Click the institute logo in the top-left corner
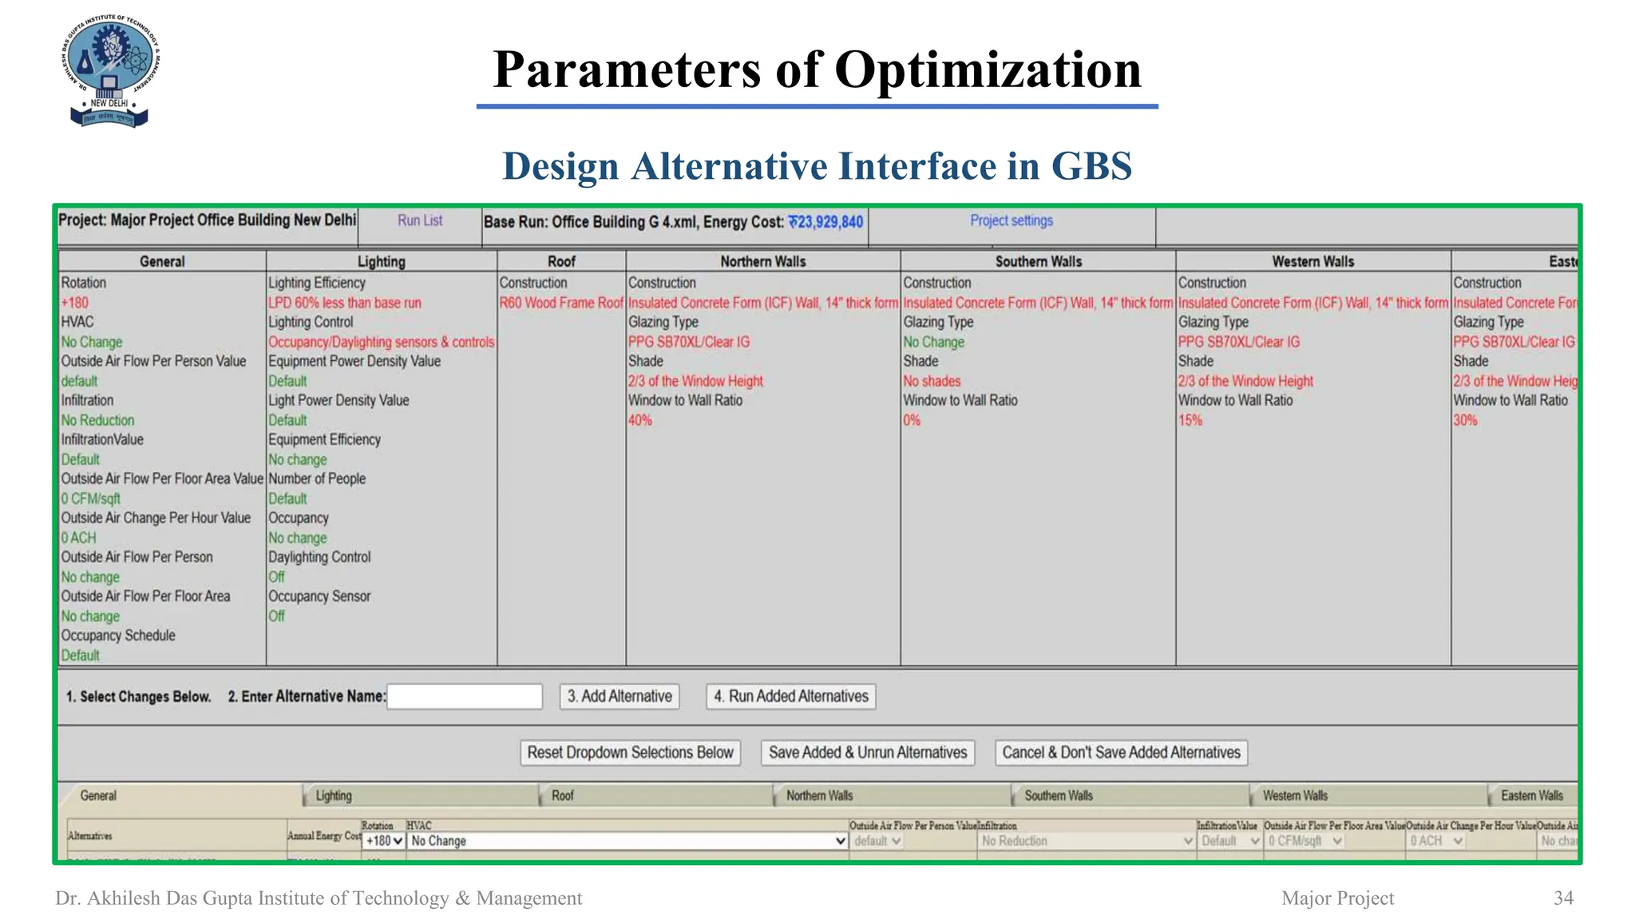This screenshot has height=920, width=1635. click(110, 70)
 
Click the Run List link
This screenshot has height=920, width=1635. click(420, 220)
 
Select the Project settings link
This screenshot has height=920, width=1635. click(1011, 220)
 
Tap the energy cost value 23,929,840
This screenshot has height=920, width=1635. click(825, 222)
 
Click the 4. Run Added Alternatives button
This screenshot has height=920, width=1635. click(790, 696)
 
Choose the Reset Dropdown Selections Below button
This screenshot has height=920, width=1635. click(630, 752)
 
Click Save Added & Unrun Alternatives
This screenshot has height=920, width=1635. click(868, 752)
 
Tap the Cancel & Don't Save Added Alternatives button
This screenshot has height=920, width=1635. click(1121, 752)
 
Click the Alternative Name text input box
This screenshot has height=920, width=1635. click(465, 696)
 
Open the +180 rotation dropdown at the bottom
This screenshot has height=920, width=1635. click(384, 841)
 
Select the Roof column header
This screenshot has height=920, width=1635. click(561, 261)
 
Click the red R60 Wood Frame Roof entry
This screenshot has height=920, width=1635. click(561, 303)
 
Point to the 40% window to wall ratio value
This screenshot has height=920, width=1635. click(640, 420)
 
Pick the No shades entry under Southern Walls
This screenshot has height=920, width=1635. click(932, 381)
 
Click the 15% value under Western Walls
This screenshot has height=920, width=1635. click(1190, 420)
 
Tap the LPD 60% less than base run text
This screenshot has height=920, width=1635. click(344, 303)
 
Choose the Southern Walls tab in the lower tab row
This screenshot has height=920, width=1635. click(1059, 795)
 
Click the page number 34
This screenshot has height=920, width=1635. click(1563, 898)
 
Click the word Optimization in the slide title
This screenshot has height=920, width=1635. click(988, 69)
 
